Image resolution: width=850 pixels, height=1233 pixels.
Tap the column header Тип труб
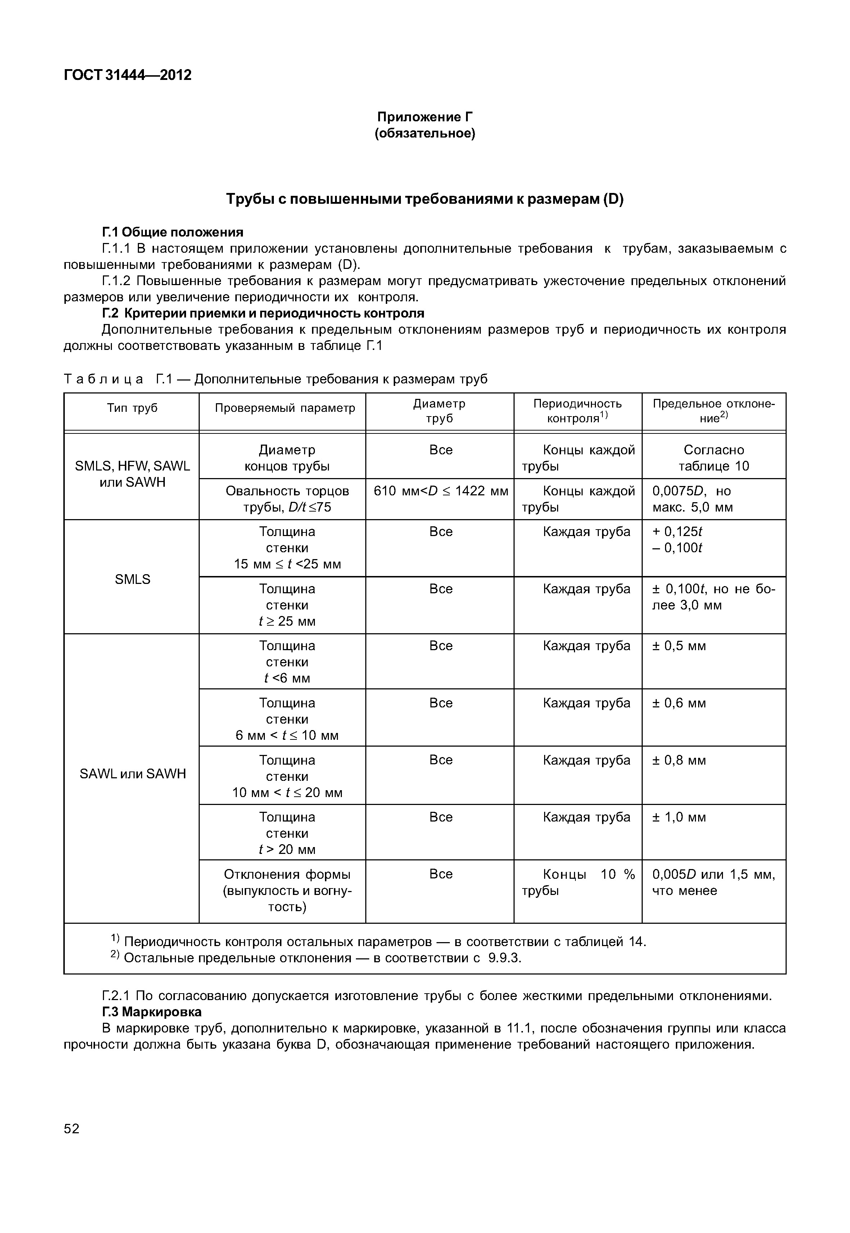(132, 408)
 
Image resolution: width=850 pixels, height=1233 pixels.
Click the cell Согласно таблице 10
(713, 458)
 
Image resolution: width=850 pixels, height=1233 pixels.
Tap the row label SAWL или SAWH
(133, 774)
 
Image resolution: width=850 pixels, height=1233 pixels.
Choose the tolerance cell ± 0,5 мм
(679, 646)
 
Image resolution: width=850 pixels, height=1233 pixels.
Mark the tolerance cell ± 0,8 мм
(679, 760)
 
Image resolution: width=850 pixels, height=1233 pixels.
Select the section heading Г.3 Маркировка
(152, 1011)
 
